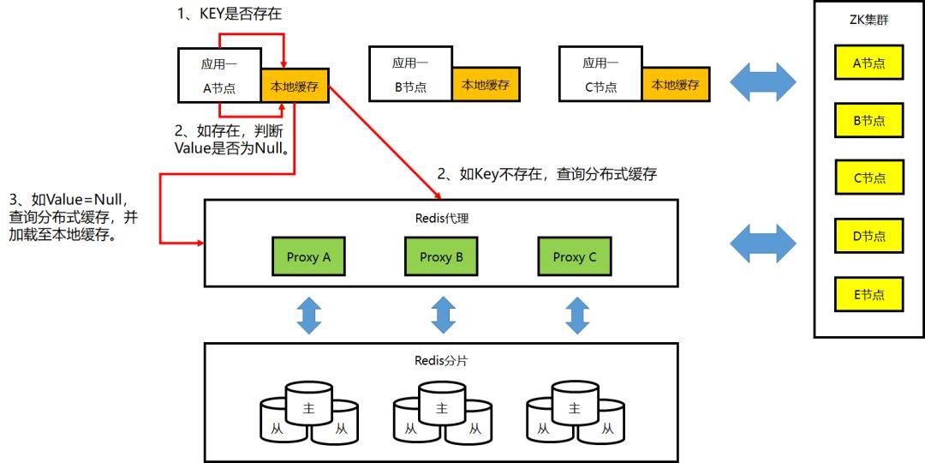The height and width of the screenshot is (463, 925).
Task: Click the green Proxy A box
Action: click(x=308, y=256)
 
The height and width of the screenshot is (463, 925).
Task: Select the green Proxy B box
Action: click(x=442, y=256)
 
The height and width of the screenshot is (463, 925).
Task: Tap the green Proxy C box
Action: click(x=575, y=256)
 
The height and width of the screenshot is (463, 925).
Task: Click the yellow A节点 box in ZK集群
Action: click(x=868, y=63)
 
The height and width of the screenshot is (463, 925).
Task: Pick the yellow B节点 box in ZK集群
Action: click(x=868, y=121)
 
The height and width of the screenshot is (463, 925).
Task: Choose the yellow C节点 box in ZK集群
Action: click(x=868, y=178)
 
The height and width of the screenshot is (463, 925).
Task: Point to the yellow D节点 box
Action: click(x=868, y=236)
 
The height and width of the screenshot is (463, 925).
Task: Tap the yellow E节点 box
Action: click(x=868, y=294)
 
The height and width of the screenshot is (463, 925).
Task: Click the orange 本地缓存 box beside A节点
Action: click(x=295, y=86)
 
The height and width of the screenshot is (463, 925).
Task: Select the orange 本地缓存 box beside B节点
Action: click(x=486, y=85)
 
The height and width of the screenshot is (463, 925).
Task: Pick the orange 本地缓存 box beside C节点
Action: click(x=676, y=85)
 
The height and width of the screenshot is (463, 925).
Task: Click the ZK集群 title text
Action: click(x=868, y=20)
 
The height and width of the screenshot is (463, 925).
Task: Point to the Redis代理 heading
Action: click(x=441, y=218)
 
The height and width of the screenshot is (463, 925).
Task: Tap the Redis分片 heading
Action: click(x=441, y=360)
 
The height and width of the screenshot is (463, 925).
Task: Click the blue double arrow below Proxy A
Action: click(x=308, y=315)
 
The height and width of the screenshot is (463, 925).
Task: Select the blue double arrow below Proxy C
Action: click(x=577, y=315)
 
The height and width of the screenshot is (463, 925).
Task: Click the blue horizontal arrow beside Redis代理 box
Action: click(x=762, y=244)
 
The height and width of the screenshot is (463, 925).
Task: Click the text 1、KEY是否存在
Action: click(x=229, y=14)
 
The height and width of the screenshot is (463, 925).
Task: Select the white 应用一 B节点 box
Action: click(x=410, y=75)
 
